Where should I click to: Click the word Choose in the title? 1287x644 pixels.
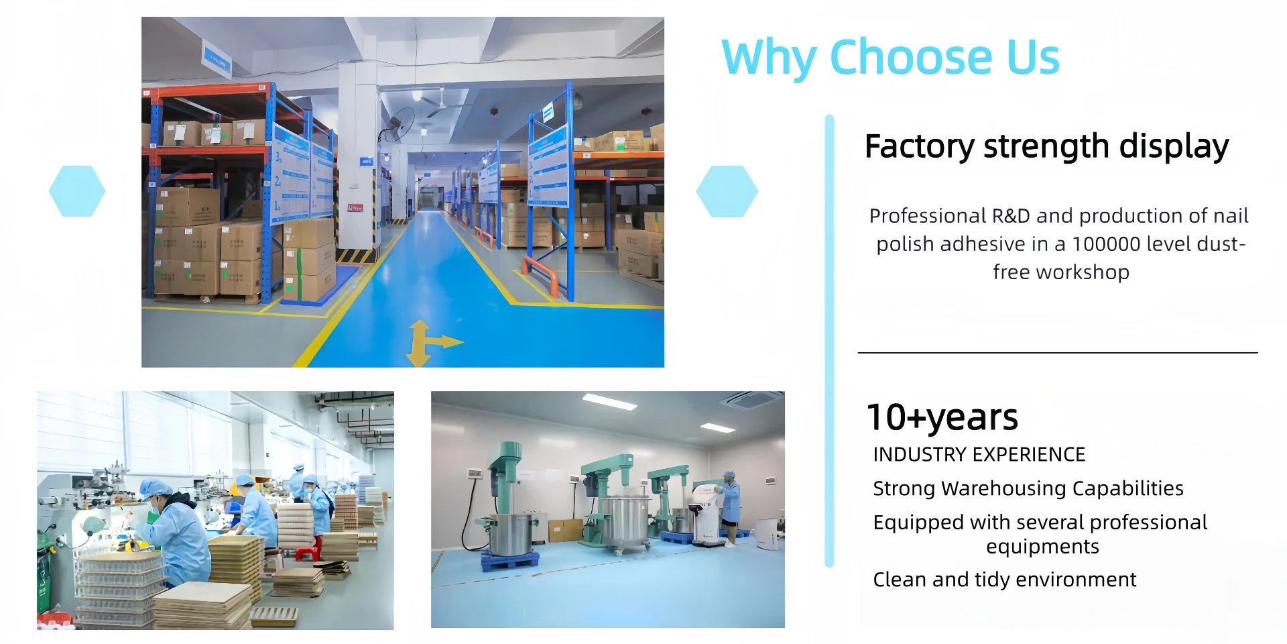point(911,57)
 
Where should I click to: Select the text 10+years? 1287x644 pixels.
point(942,417)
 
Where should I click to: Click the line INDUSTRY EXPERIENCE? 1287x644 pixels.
point(979,455)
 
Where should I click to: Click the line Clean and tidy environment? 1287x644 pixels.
point(1004,580)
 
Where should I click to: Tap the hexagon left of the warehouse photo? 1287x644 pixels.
point(77,191)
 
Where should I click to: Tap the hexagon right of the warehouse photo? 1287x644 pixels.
point(727,191)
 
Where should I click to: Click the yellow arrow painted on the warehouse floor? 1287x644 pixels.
point(429,343)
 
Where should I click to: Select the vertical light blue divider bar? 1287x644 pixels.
point(829,341)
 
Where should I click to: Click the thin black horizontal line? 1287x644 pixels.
point(1058,352)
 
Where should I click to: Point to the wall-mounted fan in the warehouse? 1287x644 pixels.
point(398,123)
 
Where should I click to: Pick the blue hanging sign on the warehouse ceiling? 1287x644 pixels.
point(217,60)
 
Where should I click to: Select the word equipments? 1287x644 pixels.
point(1042,547)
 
